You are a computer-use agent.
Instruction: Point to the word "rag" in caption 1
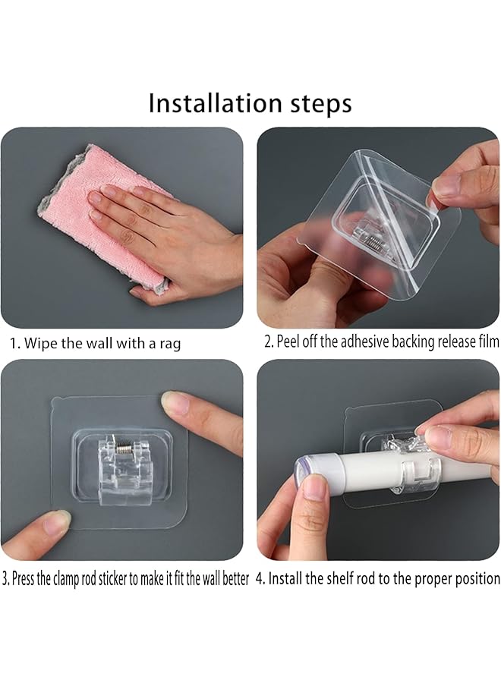[170, 344]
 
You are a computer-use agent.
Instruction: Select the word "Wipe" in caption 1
[40, 343]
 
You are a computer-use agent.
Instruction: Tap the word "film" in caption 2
[489, 341]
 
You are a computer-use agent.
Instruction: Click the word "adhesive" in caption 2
[364, 341]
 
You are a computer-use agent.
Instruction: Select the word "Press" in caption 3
[23, 579]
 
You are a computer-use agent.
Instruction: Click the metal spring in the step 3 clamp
[124, 447]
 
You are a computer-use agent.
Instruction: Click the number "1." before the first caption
[15, 344]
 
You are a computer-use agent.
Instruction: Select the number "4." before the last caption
[260, 579]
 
